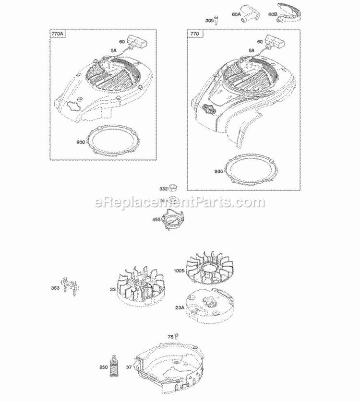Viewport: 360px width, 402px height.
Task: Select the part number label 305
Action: pyautogui.click(x=209, y=20)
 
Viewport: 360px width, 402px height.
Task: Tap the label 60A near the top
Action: pyautogui.click(x=236, y=15)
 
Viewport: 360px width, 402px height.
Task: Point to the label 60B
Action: pyautogui.click(x=273, y=15)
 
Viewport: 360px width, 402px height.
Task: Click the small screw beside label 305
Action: pyautogui.click(x=217, y=20)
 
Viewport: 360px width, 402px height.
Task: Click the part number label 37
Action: pyautogui.click(x=128, y=367)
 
